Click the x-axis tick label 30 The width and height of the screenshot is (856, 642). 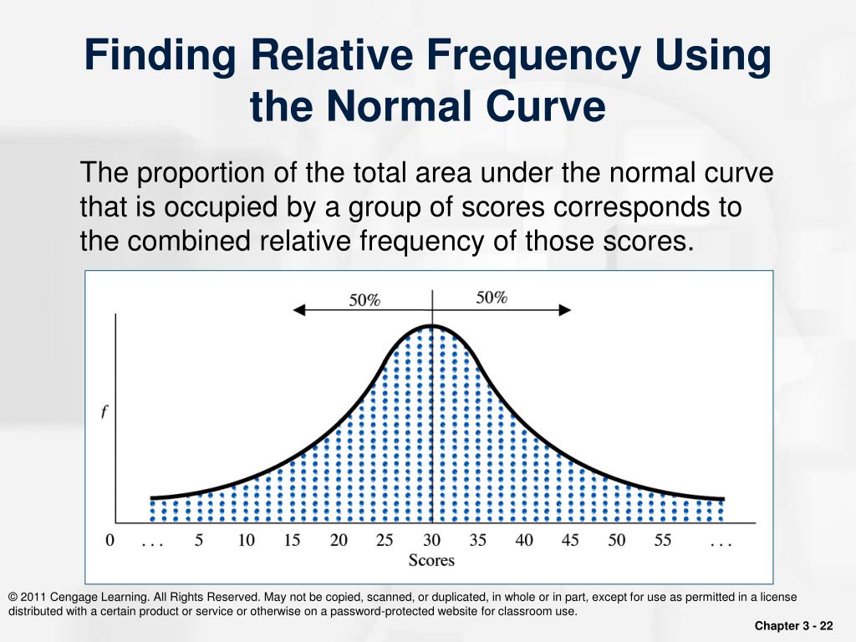tap(431, 541)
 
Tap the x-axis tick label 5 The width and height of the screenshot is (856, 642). tap(199, 541)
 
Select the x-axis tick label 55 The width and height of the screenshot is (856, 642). tap(663, 541)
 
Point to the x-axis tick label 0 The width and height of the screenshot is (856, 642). tap(110, 541)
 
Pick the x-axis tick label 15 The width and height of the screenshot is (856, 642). tap(292, 541)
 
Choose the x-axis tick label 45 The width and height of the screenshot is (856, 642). tap(570, 541)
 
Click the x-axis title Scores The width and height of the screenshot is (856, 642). tap(431, 560)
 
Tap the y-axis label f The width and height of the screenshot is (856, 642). tap(104, 413)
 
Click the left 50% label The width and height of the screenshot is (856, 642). tap(364, 300)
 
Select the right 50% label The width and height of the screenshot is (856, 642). tap(492, 297)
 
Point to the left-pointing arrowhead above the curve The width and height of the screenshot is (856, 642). tap(298, 309)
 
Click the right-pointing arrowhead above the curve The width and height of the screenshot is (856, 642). tap(566, 309)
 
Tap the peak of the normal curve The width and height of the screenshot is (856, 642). tap(431, 325)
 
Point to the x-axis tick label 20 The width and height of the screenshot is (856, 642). tap(339, 541)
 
